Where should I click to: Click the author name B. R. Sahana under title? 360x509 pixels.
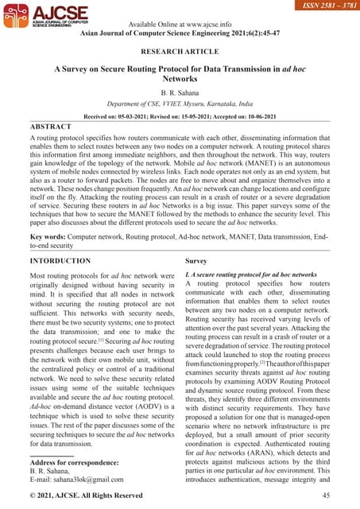point(180,93)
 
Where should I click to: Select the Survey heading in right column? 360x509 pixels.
point(196,261)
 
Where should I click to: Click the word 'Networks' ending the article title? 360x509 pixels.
point(180,80)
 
